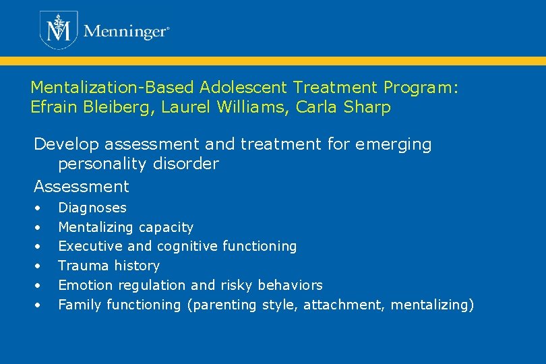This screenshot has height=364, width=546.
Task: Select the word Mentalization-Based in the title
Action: pos(111,88)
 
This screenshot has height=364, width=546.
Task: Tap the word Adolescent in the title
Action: pos(241,88)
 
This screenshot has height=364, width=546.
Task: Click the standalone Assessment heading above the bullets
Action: pos(82,186)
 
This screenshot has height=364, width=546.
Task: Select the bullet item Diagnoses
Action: pos(92,208)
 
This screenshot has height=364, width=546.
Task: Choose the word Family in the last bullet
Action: pos(78,305)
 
